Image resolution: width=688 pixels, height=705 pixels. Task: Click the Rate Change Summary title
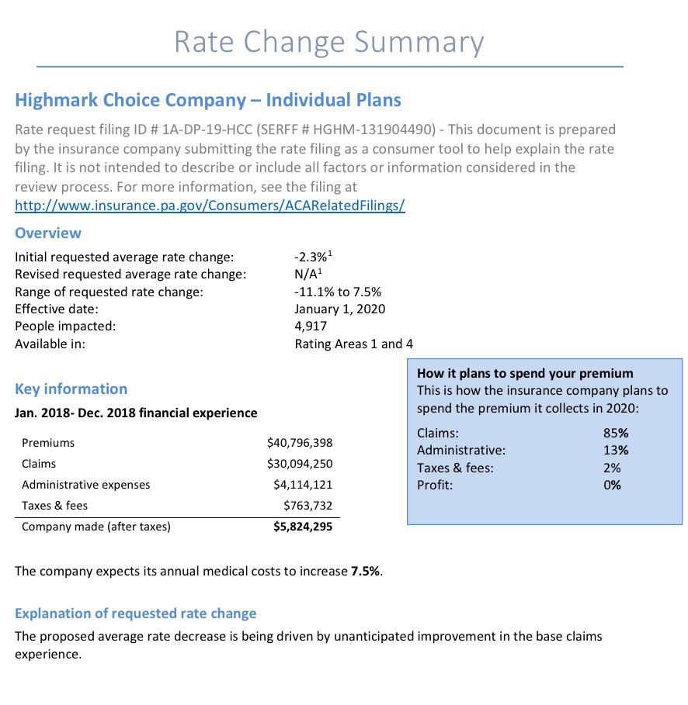click(x=328, y=42)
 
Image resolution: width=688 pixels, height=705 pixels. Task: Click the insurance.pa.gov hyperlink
click(x=210, y=206)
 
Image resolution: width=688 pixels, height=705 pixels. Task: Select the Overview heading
click(x=48, y=233)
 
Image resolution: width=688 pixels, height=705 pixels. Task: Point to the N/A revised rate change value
click(x=307, y=274)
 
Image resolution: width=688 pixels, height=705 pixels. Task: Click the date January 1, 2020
click(x=339, y=309)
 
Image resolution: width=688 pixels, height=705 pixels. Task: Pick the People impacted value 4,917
click(x=311, y=326)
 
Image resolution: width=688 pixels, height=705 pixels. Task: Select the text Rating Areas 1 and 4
click(x=353, y=344)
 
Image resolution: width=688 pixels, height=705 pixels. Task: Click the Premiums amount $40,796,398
click(x=299, y=443)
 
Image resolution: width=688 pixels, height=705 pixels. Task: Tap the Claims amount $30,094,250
click(x=299, y=464)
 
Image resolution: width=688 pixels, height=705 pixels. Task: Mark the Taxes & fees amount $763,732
click(x=308, y=506)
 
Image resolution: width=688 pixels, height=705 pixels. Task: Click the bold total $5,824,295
click(x=302, y=527)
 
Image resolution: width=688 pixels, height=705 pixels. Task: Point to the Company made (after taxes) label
click(x=96, y=527)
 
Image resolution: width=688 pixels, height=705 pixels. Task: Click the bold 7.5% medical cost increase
click(x=365, y=571)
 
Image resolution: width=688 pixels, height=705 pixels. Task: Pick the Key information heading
click(x=71, y=389)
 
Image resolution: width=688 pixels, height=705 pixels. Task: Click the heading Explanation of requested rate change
click(x=135, y=613)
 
